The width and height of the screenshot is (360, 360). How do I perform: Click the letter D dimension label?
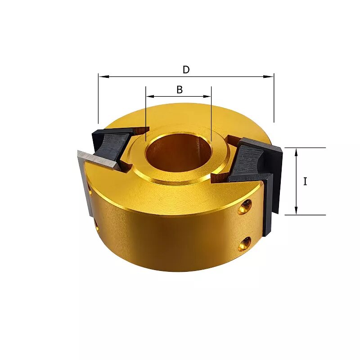pyautogui.click(x=186, y=70)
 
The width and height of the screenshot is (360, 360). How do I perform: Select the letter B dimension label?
pyautogui.click(x=180, y=90)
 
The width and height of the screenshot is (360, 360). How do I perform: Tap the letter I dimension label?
pyautogui.click(x=305, y=181)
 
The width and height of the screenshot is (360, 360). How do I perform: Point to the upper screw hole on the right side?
pyautogui.click(x=245, y=207)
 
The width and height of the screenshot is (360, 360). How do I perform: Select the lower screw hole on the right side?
pyautogui.click(x=245, y=244)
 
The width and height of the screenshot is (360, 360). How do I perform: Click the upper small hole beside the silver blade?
pyautogui.click(x=91, y=193)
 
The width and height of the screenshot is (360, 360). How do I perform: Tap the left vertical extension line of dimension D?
pyautogui.click(x=98, y=99)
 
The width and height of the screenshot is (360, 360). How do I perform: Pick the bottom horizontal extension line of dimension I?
pyautogui.click(x=306, y=215)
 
